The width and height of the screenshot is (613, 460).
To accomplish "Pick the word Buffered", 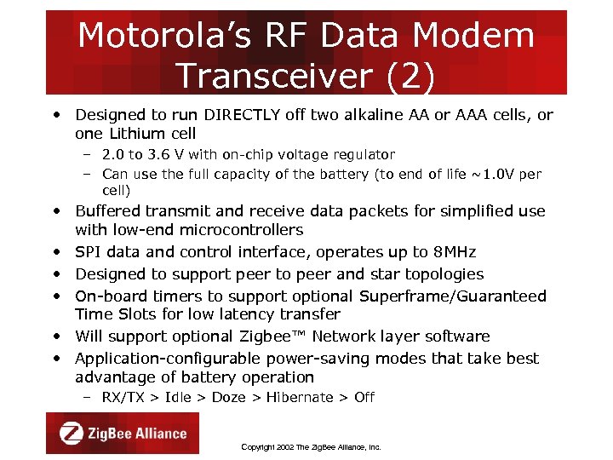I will click(110, 211).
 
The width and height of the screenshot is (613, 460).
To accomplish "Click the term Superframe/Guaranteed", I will click(453, 296).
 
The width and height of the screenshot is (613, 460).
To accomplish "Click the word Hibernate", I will click(300, 398).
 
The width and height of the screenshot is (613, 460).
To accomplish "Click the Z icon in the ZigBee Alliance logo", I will click(72, 433).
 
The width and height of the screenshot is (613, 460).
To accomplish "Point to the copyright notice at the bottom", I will click(311, 446).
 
